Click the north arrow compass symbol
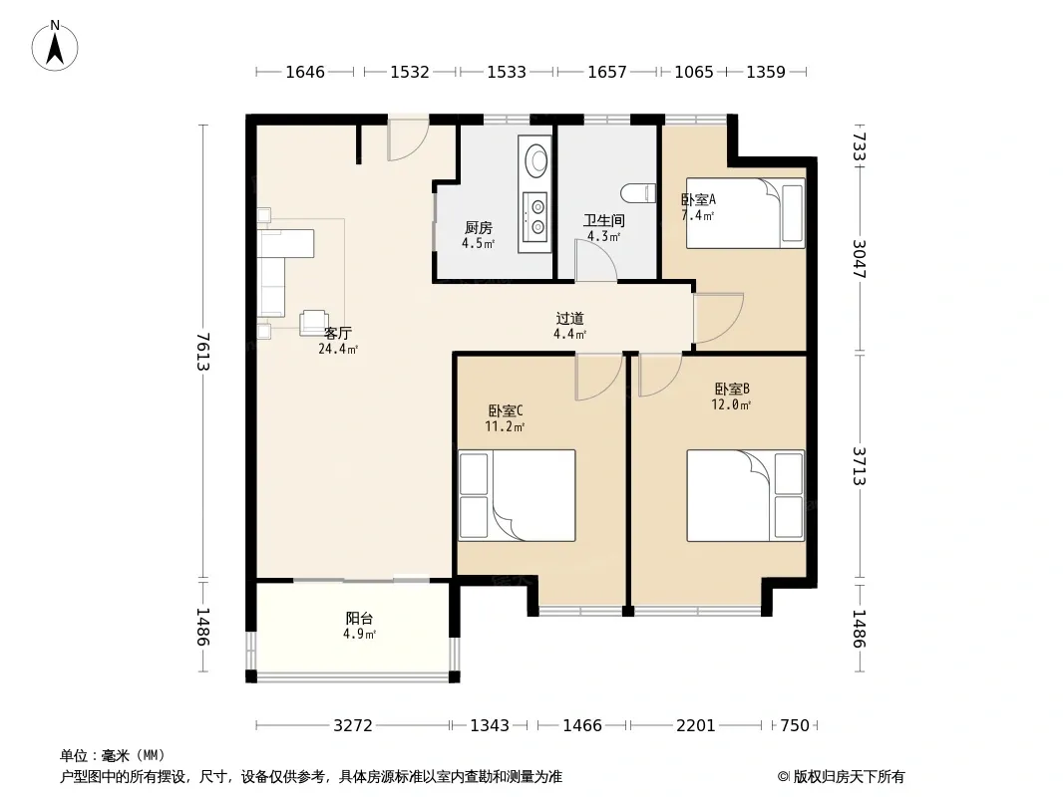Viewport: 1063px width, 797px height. click(x=55, y=46)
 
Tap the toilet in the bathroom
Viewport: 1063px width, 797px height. click(x=638, y=193)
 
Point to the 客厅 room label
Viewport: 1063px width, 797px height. click(x=338, y=333)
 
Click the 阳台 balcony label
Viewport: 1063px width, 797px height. click(x=359, y=618)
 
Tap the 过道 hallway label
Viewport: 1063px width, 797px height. click(x=569, y=318)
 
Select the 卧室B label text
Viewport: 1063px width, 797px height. click(x=732, y=389)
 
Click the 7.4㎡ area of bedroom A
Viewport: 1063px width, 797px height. click(x=698, y=216)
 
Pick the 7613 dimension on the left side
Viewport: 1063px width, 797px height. click(x=202, y=352)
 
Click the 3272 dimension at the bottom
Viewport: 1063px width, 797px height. click(x=353, y=725)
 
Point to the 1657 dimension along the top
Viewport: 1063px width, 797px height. click(x=606, y=72)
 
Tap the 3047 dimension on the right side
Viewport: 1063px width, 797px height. click(x=859, y=259)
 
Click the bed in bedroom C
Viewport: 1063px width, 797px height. click(x=517, y=496)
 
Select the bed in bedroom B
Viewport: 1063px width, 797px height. click(x=746, y=496)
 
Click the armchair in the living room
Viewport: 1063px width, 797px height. click(x=314, y=323)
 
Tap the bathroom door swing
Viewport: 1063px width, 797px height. click(x=596, y=261)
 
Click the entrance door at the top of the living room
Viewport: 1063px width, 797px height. click(x=408, y=137)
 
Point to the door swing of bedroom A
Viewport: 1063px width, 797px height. click(x=719, y=318)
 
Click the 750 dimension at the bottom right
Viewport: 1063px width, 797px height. click(x=795, y=725)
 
